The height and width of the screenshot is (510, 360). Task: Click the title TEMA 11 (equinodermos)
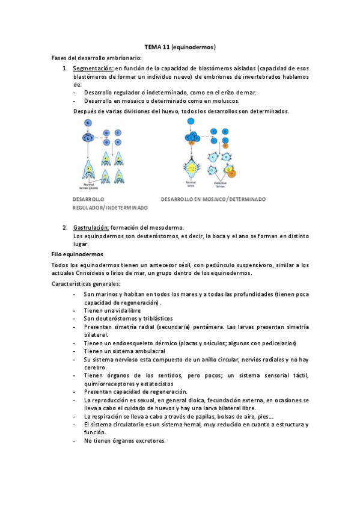[x=180, y=46]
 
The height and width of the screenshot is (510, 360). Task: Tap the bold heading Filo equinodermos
[x=77, y=254]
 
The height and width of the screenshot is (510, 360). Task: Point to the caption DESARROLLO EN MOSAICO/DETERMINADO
[x=213, y=199]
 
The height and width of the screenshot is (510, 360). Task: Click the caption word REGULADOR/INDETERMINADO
[x=109, y=207]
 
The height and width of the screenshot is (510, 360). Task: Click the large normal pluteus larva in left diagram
[x=88, y=169]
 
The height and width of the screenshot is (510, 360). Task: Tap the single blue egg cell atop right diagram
[x=191, y=122]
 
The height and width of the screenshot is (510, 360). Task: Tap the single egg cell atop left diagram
[x=88, y=123]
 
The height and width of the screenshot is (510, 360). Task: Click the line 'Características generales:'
[x=86, y=283]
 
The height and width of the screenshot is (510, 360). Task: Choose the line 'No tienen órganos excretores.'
[x=124, y=441]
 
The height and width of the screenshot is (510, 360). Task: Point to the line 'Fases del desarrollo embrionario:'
[x=97, y=58]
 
